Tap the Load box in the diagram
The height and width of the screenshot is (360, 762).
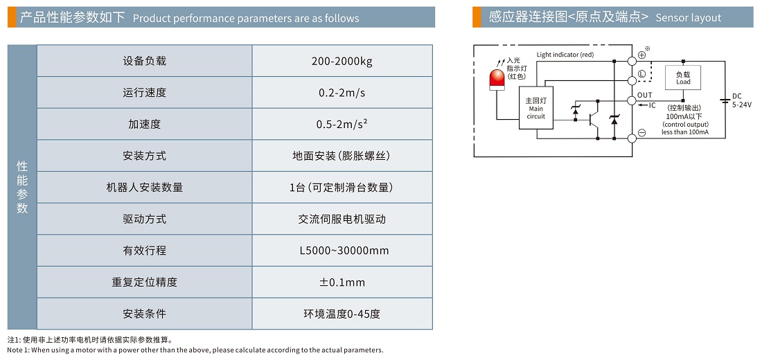click(683, 77)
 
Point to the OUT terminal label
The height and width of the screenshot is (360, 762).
click(645, 96)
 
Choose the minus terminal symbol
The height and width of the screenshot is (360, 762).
click(641, 133)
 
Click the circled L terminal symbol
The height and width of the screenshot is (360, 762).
click(641, 74)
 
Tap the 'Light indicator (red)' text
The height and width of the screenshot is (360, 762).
click(565, 55)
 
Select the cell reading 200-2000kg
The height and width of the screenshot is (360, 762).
click(342, 61)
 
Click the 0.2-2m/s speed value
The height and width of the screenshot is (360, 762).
click(342, 93)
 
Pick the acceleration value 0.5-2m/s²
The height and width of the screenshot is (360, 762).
click(342, 125)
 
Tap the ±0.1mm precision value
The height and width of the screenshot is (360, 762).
click(342, 282)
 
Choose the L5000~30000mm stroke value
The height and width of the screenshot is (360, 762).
click(342, 251)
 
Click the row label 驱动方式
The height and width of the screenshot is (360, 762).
click(144, 219)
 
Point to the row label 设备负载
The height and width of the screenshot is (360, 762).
click(144, 61)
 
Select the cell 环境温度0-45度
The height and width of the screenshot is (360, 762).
click(342, 314)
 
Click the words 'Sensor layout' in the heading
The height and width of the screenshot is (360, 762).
click(688, 18)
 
